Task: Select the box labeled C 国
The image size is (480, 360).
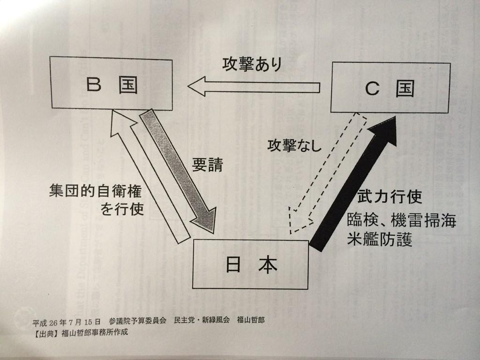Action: point(390,88)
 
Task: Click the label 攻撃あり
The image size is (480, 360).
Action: point(252,65)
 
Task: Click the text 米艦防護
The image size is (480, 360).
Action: point(380,240)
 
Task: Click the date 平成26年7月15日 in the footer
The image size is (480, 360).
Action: point(67,322)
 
